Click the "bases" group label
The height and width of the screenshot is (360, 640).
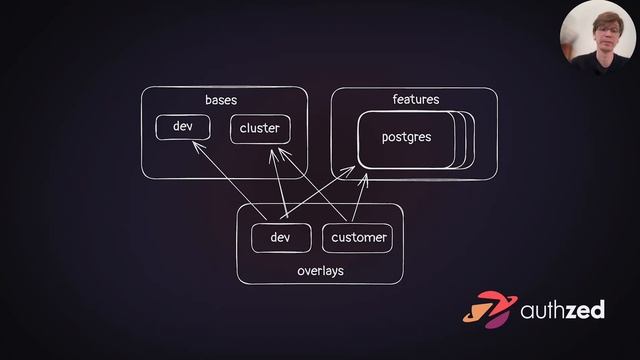(x=221, y=101)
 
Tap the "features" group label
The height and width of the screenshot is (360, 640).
(x=416, y=100)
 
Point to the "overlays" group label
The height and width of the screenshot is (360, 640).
(x=320, y=270)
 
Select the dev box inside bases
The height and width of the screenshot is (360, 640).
(x=183, y=128)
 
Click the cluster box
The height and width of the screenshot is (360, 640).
(x=260, y=129)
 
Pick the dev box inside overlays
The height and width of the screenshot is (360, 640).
(x=280, y=238)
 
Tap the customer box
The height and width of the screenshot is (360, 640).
(x=357, y=238)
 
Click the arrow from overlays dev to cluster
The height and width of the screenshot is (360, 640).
(x=278, y=184)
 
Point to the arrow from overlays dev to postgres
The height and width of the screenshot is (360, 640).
(x=320, y=193)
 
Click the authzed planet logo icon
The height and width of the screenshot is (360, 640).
(x=491, y=310)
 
